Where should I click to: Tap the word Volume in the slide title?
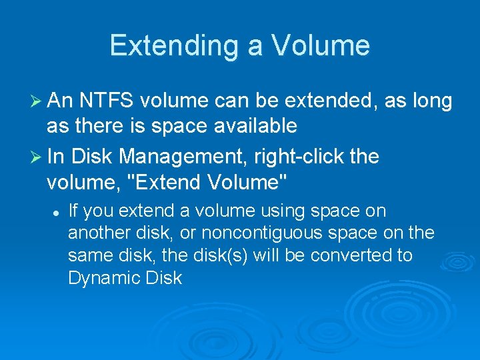point(320,46)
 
